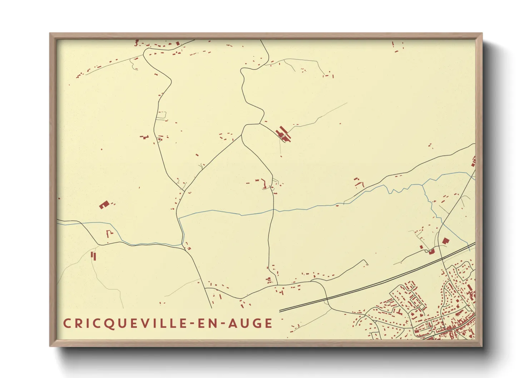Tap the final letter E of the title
[x=268, y=324]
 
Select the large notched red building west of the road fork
[x=104, y=205]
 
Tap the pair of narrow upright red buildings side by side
[x=94, y=255]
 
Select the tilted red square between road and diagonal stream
[x=445, y=241]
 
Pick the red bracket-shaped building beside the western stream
[x=109, y=234]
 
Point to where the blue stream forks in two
[x=422, y=185]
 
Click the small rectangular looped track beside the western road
[x=162, y=115]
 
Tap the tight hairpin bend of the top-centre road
[x=243, y=71]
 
